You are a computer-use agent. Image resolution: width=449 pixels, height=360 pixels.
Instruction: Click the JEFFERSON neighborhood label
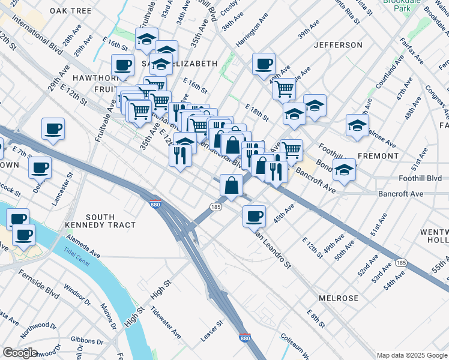[x=338, y=45]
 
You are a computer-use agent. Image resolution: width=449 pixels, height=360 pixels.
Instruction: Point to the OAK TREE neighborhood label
[x=71, y=11]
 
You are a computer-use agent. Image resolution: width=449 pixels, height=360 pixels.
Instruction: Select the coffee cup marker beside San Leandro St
[x=253, y=215]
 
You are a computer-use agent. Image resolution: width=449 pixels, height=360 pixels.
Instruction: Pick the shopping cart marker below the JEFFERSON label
[x=283, y=89]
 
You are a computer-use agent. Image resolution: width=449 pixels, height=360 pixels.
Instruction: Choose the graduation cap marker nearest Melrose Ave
[x=357, y=126]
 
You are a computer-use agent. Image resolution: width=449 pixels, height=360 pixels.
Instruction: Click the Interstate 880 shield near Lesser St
[x=244, y=338]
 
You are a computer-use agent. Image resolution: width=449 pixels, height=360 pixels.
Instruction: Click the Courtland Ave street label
[x=388, y=75]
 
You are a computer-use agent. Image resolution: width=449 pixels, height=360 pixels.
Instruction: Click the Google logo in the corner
[x=20, y=353]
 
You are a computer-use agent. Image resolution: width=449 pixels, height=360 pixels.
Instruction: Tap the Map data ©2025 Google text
[x=411, y=355]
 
